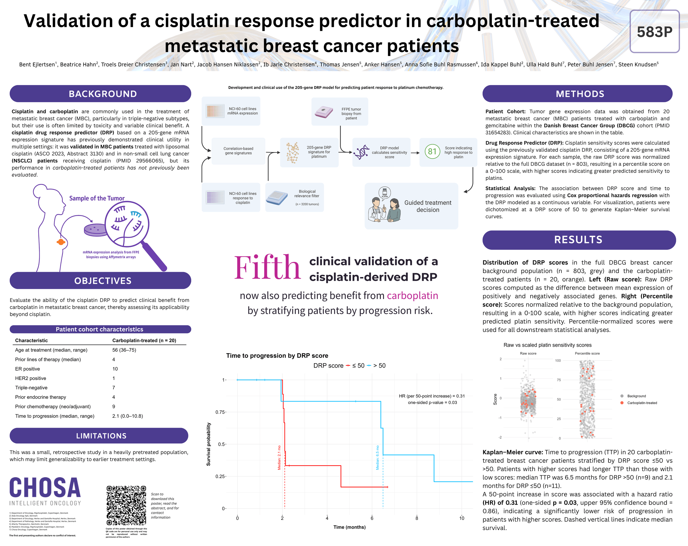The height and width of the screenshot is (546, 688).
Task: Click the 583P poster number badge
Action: tap(654, 32)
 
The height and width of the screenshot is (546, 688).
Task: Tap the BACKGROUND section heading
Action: tap(103, 94)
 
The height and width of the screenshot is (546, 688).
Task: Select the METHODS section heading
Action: tap(580, 94)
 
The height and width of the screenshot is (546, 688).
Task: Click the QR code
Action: tap(126, 505)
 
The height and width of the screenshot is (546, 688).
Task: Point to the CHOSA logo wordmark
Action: tap(45, 488)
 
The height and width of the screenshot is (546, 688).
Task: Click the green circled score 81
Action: tap(432, 151)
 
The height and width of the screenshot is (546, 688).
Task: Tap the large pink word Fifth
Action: tap(267, 268)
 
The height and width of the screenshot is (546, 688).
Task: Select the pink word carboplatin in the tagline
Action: tap(412, 296)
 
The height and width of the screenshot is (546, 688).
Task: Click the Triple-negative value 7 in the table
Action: tap(114, 388)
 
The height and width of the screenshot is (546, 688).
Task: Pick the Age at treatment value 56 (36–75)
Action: tap(124, 350)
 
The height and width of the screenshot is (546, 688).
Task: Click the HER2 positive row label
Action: tap(31, 378)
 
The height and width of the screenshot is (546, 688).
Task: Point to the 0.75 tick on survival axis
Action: tap(220, 412)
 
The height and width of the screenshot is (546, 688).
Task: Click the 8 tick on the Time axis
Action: tap(417, 518)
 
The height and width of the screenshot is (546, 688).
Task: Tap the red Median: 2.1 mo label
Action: tap(279, 458)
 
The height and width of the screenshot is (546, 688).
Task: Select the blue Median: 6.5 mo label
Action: tap(378, 458)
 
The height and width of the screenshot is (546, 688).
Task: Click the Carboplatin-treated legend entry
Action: tap(642, 403)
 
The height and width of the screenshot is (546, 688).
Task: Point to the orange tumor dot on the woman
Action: tap(61, 242)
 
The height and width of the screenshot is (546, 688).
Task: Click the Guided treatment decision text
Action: tap(428, 206)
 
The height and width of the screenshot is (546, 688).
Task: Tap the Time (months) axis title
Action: tap(350, 527)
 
